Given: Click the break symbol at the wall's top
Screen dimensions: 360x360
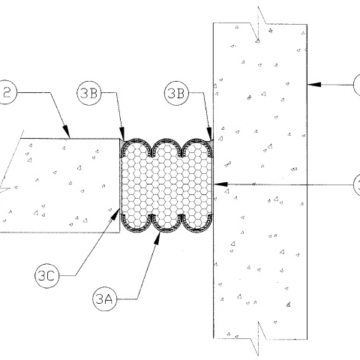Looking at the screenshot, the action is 258,23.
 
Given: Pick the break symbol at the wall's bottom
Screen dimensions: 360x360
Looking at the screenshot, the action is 258,329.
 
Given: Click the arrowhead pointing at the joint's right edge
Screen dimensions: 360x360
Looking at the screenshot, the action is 217,183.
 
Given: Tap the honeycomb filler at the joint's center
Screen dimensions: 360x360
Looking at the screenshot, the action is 166,185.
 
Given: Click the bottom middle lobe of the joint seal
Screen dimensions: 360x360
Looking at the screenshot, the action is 166,229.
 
